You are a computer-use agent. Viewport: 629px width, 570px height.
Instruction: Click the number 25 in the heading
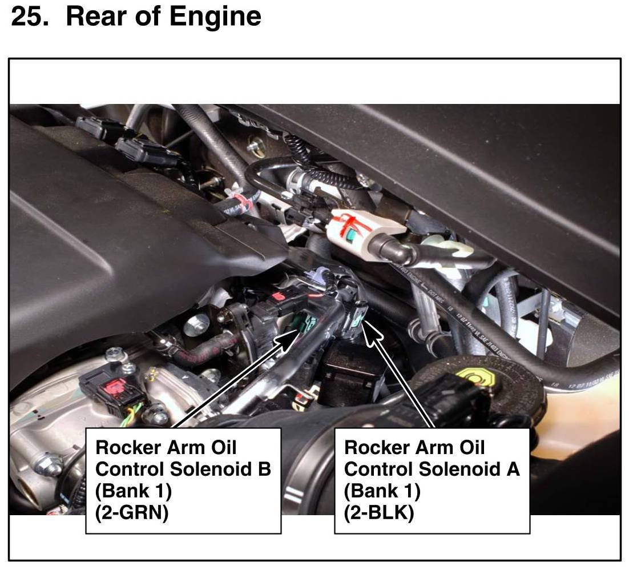(30, 17)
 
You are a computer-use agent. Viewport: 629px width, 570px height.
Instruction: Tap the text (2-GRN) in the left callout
(132, 512)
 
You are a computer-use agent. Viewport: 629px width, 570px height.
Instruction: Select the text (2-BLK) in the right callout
(379, 512)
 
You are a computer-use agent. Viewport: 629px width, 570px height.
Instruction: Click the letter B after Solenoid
(264, 469)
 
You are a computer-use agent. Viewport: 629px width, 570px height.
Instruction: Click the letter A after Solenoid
(513, 469)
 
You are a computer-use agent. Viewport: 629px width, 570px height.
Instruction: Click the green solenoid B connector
(305, 322)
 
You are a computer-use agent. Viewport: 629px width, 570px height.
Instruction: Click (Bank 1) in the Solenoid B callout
(134, 491)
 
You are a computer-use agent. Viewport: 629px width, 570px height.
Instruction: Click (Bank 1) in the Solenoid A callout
(382, 491)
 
